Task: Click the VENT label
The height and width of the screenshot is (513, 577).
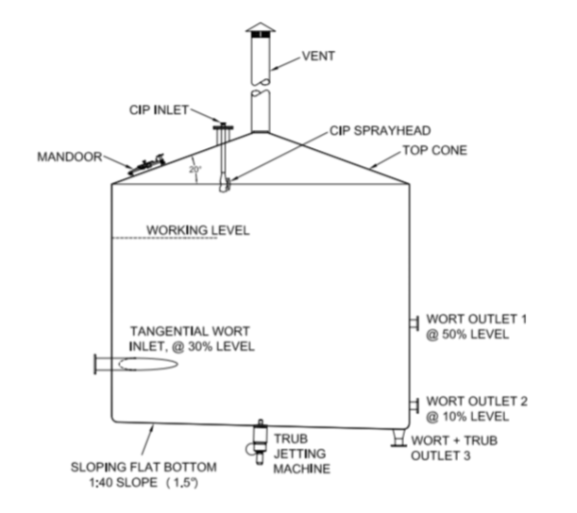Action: click(319, 56)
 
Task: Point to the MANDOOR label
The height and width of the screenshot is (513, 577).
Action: click(71, 157)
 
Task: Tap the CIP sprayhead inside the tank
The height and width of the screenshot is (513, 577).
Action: click(224, 185)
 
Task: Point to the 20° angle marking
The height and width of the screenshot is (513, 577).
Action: click(195, 170)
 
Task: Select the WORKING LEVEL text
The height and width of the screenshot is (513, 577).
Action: click(198, 229)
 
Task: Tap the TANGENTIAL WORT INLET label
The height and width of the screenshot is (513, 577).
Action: click(193, 339)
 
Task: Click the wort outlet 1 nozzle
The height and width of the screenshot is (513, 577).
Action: click(415, 324)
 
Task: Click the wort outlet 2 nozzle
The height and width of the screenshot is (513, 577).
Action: click(415, 405)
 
